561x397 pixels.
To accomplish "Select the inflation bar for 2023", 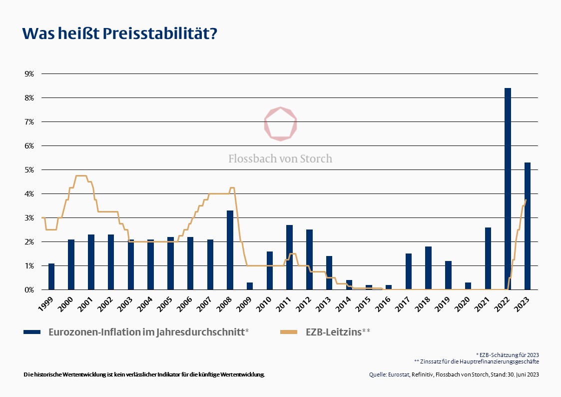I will tap(528, 226).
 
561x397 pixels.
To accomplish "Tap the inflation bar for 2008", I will tap(230, 250).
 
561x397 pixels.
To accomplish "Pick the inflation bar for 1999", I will tap(51, 276).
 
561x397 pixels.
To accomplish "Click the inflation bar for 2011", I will tap(289, 257).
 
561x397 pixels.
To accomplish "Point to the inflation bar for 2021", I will tap(488, 258).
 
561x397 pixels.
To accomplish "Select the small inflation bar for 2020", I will tap(468, 286).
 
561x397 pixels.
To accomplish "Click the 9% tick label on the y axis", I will tap(29, 74).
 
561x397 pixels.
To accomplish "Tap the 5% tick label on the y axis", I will tap(29, 170).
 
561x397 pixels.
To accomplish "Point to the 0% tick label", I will tap(29, 290).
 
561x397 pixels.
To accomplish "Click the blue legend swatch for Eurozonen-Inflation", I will tap(33, 331).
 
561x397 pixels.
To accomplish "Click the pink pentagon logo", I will tap(280, 123).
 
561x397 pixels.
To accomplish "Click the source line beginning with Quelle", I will tap(454, 374).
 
